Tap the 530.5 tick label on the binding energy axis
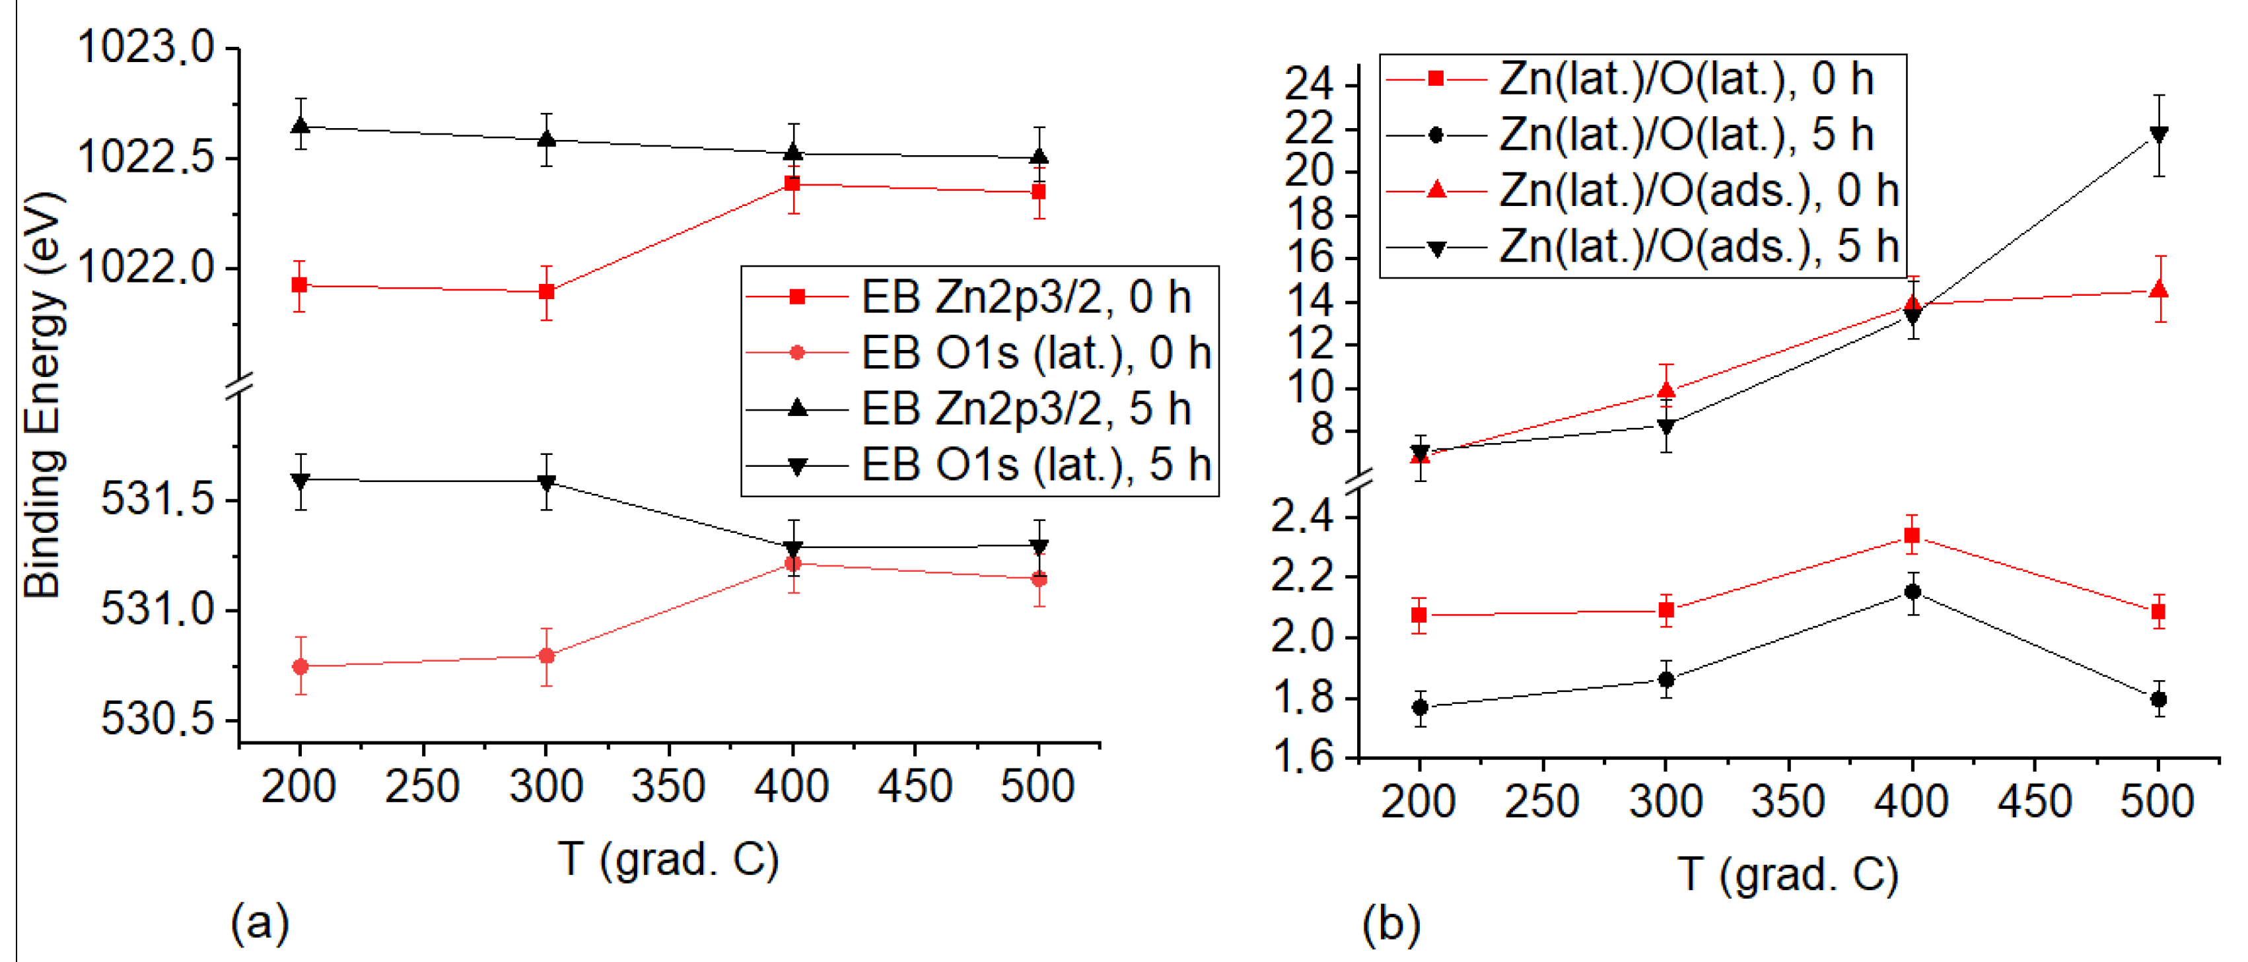(x=157, y=720)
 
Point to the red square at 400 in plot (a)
(x=792, y=184)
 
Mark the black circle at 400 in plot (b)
(x=1912, y=592)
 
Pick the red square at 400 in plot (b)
(x=1912, y=535)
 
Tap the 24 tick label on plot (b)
(x=1309, y=85)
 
